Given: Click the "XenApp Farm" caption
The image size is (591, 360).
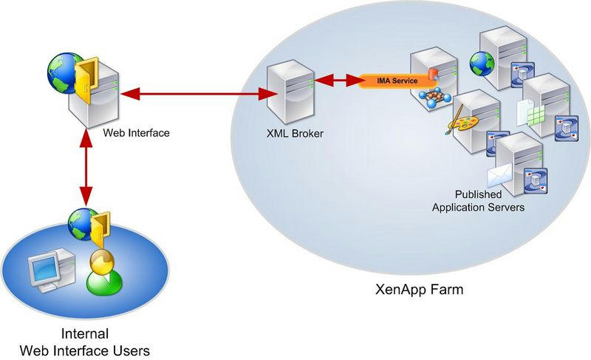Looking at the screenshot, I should pos(419,289).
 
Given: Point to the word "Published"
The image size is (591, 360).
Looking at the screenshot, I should pos(478,194).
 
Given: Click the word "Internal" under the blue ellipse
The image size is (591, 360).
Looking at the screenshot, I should pos(86,333).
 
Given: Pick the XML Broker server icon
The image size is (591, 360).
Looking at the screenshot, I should pos(288,92).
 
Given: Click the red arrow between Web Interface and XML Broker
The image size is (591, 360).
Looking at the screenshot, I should pos(193,94).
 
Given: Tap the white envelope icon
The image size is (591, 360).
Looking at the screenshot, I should pos(501,177).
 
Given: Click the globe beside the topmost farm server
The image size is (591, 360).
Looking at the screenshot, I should pos(481,64).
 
